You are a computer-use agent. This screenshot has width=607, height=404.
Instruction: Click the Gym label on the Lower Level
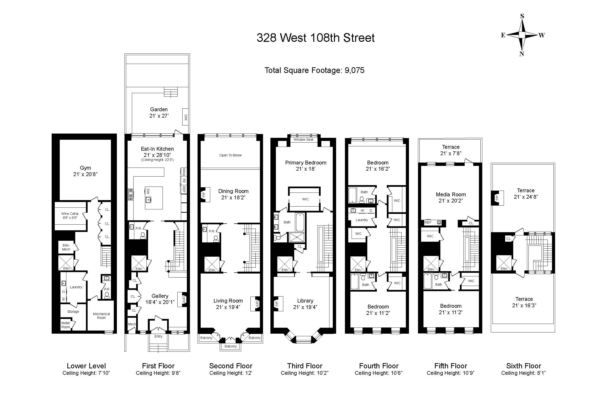click(85, 168)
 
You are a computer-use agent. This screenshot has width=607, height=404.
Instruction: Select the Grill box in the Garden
click(185, 117)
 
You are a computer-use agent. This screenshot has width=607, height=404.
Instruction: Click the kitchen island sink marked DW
click(148, 199)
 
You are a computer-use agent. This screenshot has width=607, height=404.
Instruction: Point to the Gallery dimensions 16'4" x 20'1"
click(160, 302)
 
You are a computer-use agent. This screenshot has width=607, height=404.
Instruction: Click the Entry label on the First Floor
click(158, 336)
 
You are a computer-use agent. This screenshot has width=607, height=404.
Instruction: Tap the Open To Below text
click(230, 155)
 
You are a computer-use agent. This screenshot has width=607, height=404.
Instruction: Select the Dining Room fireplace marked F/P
click(204, 195)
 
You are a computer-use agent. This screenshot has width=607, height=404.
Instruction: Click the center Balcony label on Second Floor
click(230, 346)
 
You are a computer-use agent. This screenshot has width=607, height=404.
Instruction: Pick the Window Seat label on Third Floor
click(303, 140)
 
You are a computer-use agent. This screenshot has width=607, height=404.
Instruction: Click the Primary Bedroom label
click(306, 163)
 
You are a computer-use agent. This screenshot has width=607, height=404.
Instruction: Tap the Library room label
click(305, 301)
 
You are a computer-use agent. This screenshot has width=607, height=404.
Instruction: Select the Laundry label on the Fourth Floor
click(362, 220)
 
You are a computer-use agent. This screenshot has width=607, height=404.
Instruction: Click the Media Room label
click(451, 195)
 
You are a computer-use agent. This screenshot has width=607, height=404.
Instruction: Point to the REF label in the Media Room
click(428, 222)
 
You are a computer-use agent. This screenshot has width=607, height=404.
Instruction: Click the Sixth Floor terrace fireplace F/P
click(497, 198)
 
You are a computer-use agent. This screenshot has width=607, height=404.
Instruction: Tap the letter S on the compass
click(522, 16)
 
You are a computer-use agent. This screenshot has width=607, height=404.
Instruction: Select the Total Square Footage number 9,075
click(354, 70)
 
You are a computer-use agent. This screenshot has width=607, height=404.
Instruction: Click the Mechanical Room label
click(101, 316)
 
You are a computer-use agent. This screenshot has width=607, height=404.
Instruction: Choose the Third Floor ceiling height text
click(304, 373)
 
